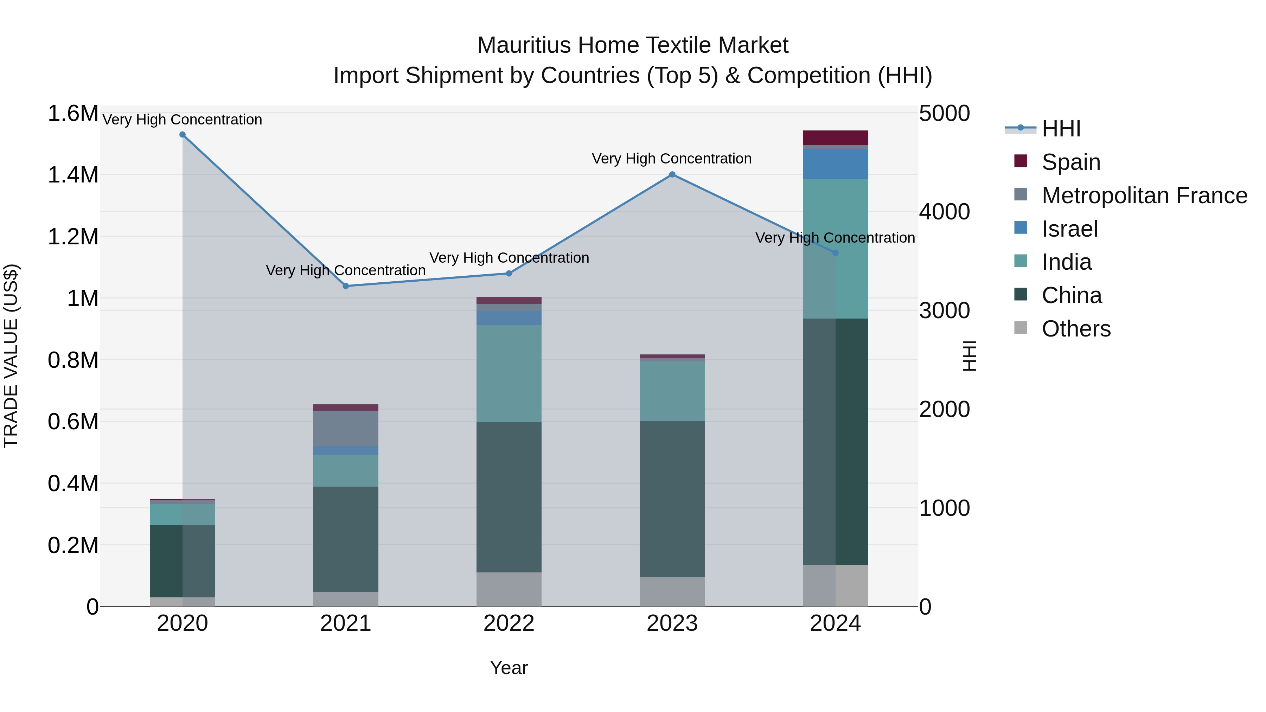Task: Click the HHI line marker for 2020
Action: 182,135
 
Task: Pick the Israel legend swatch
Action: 1021,228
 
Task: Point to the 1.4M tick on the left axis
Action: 73,175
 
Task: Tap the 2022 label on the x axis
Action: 509,623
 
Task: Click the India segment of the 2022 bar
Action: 509,373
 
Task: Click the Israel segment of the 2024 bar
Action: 836,164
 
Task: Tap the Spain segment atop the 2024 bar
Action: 836,137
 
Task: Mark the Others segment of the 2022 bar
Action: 509,589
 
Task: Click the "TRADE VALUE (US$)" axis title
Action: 11,356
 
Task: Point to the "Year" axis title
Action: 509,668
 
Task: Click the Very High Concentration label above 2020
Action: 182,120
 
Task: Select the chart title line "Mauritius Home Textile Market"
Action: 633,45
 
